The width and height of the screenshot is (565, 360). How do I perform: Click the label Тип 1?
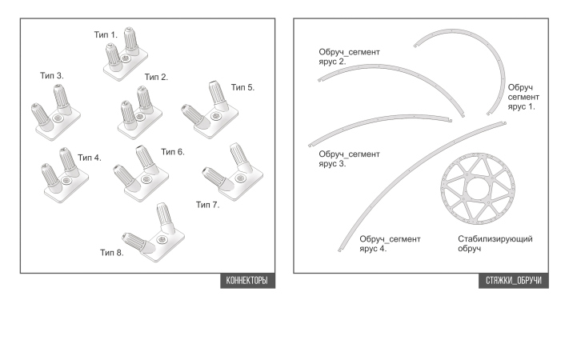tap(106, 35)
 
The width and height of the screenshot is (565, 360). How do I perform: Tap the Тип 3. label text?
tap(51, 76)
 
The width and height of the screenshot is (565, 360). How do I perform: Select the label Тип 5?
tap(242, 87)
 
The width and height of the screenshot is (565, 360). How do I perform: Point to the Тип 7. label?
tap(207, 205)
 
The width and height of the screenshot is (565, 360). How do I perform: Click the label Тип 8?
tap(112, 253)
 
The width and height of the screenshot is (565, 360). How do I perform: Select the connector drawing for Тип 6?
tap(141, 173)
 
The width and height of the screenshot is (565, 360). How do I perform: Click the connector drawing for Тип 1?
tap(126, 54)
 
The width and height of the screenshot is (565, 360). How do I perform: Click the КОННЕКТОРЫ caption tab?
tap(247, 281)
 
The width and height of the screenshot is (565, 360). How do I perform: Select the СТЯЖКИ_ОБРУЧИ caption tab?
tap(514, 281)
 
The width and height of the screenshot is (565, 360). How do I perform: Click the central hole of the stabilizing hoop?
tap(478, 189)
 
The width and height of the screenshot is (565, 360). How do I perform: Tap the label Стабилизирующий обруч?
tap(495, 244)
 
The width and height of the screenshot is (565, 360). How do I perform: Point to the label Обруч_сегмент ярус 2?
tap(349, 57)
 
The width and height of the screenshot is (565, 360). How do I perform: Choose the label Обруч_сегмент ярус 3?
tap(349, 158)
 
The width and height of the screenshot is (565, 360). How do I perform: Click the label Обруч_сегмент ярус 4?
tap(390, 244)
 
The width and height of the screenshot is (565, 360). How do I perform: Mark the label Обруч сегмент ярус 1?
tap(523, 97)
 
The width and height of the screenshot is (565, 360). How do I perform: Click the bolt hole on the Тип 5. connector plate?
tap(215, 116)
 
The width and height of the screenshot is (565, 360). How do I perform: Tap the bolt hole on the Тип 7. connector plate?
tap(240, 178)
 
